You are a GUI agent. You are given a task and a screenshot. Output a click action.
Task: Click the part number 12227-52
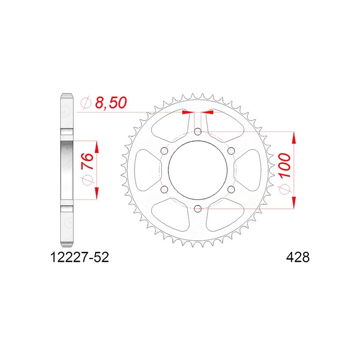pyautogui.click(x=79, y=257)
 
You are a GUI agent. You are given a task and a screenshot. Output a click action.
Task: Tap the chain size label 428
pyautogui.click(x=298, y=257)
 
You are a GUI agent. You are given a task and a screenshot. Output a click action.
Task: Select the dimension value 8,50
pyautogui.click(x=111, y=103)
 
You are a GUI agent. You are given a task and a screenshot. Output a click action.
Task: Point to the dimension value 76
pyautogui.click(x=88, y=162)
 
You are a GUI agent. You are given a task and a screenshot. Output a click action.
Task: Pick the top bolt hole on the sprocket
pyautogui.click(x=198, y=132)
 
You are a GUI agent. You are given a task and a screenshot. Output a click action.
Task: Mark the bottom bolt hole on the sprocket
pyautogui.click(x=198, y=209)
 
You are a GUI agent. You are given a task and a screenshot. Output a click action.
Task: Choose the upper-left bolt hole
pyautogui.click(x=164, y=151)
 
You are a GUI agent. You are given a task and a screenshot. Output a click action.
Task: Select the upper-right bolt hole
pyautogui.click(x=231, y=151)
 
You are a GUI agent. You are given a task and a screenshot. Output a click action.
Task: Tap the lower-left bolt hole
pyautogui.click(x=164, y=189)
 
